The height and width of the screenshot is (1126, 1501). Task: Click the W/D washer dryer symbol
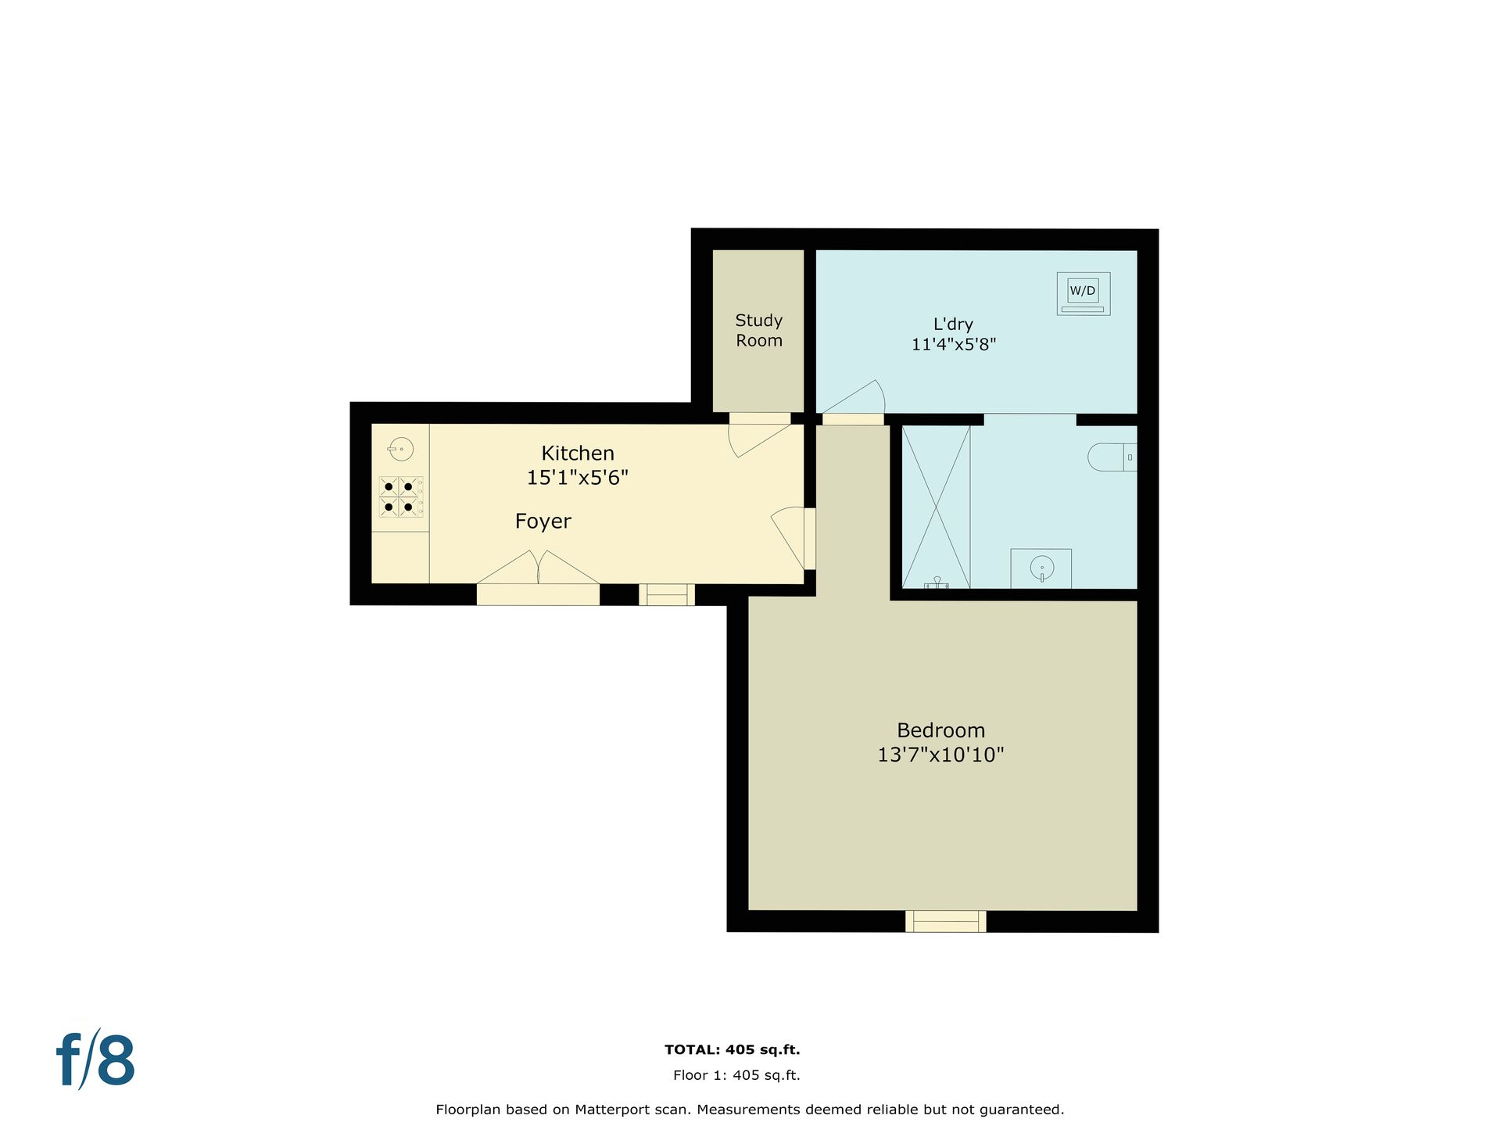tap(1083, 293)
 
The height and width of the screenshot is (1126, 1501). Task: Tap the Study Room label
tap(758, 330)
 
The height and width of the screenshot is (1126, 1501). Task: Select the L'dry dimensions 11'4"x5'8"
tap(953, 344)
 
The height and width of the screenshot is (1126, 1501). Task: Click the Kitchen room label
tap(578, 453)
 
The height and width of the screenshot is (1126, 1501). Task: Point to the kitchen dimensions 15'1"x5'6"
tap(577, 477)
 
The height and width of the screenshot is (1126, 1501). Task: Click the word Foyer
tap(543, 521)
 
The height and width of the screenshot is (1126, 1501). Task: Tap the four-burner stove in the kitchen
tap(401, 497)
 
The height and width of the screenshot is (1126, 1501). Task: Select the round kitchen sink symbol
tap(400, 449)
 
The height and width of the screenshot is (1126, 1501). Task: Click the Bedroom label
tap(940, 730)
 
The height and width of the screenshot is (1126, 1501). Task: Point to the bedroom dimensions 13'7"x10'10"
tap(940, 755)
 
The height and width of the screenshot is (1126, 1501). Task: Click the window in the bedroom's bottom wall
tap(945, 921)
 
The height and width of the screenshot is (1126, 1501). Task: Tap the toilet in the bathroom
tap(1112, 457)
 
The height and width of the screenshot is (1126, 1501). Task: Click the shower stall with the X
tap(936, 507)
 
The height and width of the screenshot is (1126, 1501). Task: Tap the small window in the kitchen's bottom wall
tap(667, 595)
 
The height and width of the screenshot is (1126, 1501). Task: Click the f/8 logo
tap(95, 1060)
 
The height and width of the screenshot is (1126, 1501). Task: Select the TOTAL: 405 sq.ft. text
tap(732, 1050)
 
